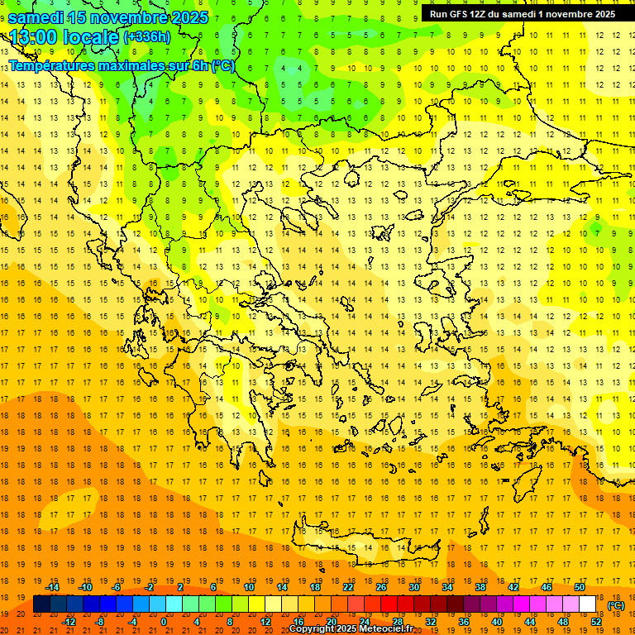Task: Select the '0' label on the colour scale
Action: click(x=164, y=622)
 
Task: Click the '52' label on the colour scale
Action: click(x=595, y=622)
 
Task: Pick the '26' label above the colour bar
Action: click(x=381, y=587)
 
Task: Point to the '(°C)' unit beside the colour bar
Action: click(x=617, y=605)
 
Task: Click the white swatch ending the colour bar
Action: click(x=588, y=604)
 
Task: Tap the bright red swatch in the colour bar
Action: click(x=389, y=604)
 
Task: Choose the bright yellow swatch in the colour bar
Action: click(x=256, y=604)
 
